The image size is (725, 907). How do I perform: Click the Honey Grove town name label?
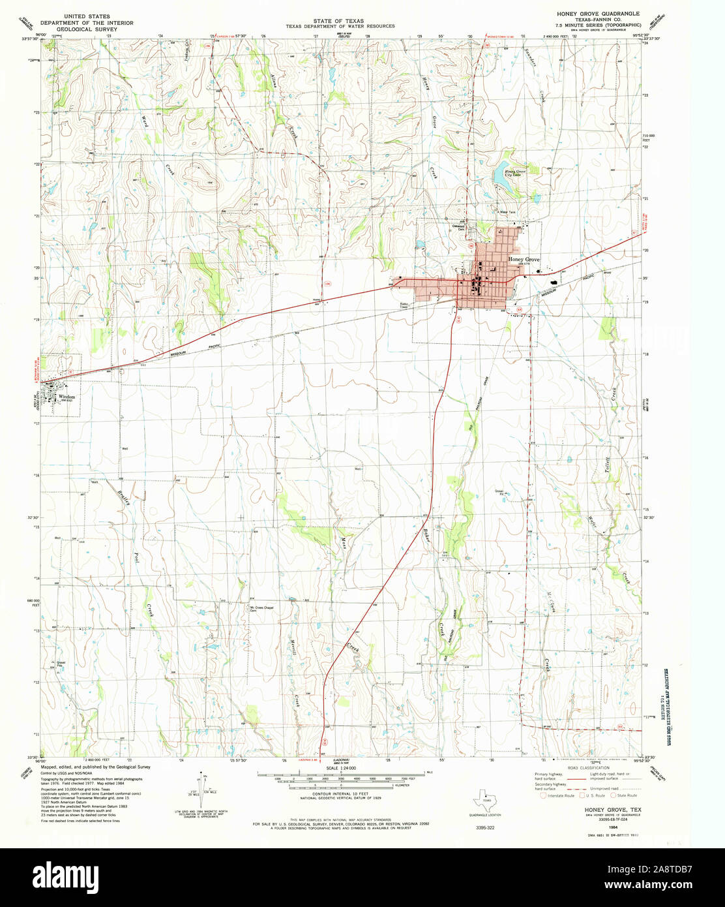tap(524, 260)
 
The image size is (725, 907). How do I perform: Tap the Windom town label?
tap(67, 397)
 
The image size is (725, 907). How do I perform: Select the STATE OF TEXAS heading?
tap(338, 21)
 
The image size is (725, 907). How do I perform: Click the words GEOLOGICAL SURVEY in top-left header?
tap(91, 29)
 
